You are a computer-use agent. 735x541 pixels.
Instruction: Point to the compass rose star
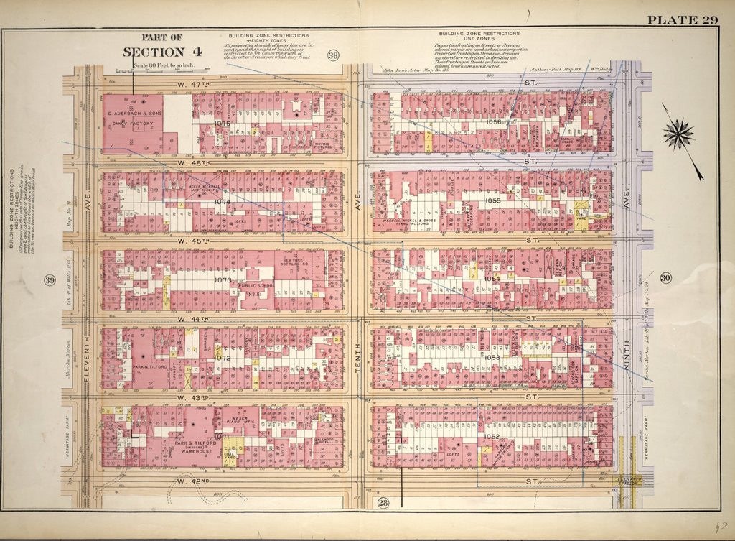679,134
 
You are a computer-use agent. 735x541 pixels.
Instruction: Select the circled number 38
333,56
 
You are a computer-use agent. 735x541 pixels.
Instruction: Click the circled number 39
50,279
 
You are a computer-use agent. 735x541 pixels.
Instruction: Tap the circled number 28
383,502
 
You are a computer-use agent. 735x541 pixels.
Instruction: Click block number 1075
223,124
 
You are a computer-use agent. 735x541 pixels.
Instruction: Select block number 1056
492,122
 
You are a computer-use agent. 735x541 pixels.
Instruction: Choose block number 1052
492,436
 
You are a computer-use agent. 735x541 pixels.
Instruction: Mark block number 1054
492,279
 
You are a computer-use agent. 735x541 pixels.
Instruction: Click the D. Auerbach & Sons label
135,114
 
